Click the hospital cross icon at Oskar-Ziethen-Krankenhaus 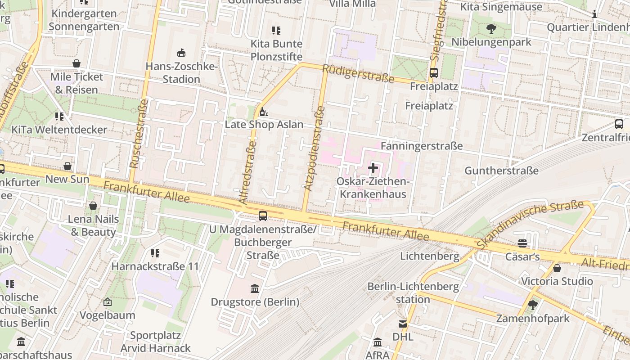point(373,168)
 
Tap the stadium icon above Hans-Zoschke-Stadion point(181,53)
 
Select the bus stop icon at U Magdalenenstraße point(263,216)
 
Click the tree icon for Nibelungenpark point(491,29)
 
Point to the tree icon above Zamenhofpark point(533,305)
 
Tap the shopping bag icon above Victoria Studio point(557,268)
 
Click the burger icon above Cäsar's point(522,243)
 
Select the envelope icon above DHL point(403,324)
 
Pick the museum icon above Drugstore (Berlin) point(255,288)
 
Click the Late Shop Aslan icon point(264,112)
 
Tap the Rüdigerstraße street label point(359,73)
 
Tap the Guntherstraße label point(501,171)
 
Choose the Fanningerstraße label point(422,146)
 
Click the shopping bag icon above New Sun point(67,166)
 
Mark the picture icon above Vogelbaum point(107,302)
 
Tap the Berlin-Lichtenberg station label point(413,292)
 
